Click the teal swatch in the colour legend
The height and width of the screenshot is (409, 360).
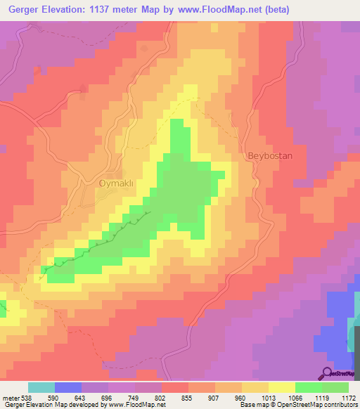coord(41,388)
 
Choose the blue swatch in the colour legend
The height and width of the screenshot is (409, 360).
coord(68,388)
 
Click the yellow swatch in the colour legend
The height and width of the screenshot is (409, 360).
coord(281,388)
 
